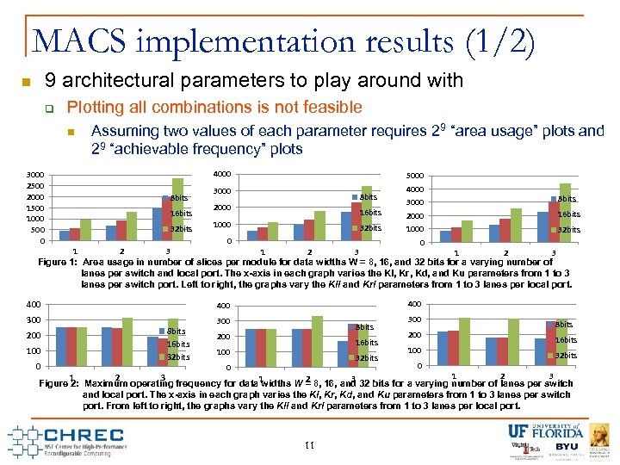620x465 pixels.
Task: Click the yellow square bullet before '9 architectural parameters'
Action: point(26,83)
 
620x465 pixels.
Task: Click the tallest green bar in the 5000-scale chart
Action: point(566,212)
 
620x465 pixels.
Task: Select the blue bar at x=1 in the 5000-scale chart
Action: point(445,236)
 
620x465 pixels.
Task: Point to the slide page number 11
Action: point(311,444)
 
